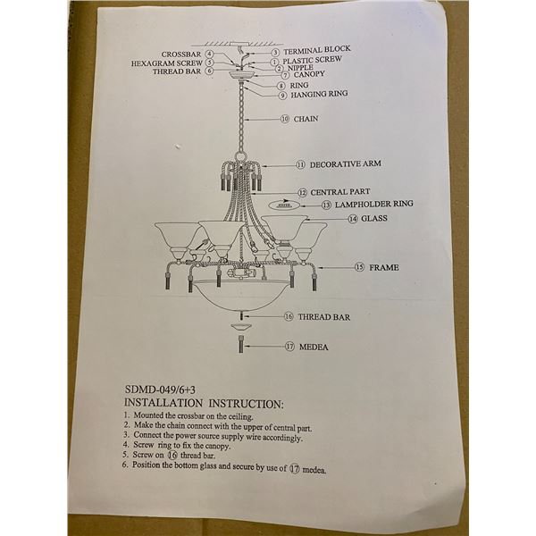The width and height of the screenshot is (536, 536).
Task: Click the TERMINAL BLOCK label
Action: pos(317,50)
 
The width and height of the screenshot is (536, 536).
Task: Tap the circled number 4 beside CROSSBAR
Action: pos(209,54)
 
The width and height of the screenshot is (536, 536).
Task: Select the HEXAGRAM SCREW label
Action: pos(167,63)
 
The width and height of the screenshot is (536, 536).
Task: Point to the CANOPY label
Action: pos(309,74)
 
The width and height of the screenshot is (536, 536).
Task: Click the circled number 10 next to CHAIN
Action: pos(285,119)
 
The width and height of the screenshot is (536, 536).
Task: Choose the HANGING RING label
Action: pos(319,94)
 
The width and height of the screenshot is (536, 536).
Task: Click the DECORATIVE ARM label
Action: pos(345,164)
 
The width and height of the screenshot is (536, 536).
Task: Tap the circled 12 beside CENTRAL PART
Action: pos(303,193)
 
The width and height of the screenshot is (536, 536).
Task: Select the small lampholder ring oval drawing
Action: pos(284,205)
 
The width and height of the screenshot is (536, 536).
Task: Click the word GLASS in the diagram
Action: pos(374,218)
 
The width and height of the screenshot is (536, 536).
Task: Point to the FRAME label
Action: pos(384,267)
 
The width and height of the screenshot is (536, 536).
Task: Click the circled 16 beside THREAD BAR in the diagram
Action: pos(289,317)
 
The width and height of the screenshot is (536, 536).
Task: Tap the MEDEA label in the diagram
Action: pos(314,347)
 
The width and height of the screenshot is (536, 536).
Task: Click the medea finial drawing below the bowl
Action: pos(241,344)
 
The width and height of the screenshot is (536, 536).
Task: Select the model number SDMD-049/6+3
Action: pos(160,389)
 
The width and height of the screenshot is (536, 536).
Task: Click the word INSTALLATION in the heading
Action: pos(163,403)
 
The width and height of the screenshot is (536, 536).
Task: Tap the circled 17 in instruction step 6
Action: pos(294,468)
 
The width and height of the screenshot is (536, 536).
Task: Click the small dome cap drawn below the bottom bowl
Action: pos(241,327)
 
